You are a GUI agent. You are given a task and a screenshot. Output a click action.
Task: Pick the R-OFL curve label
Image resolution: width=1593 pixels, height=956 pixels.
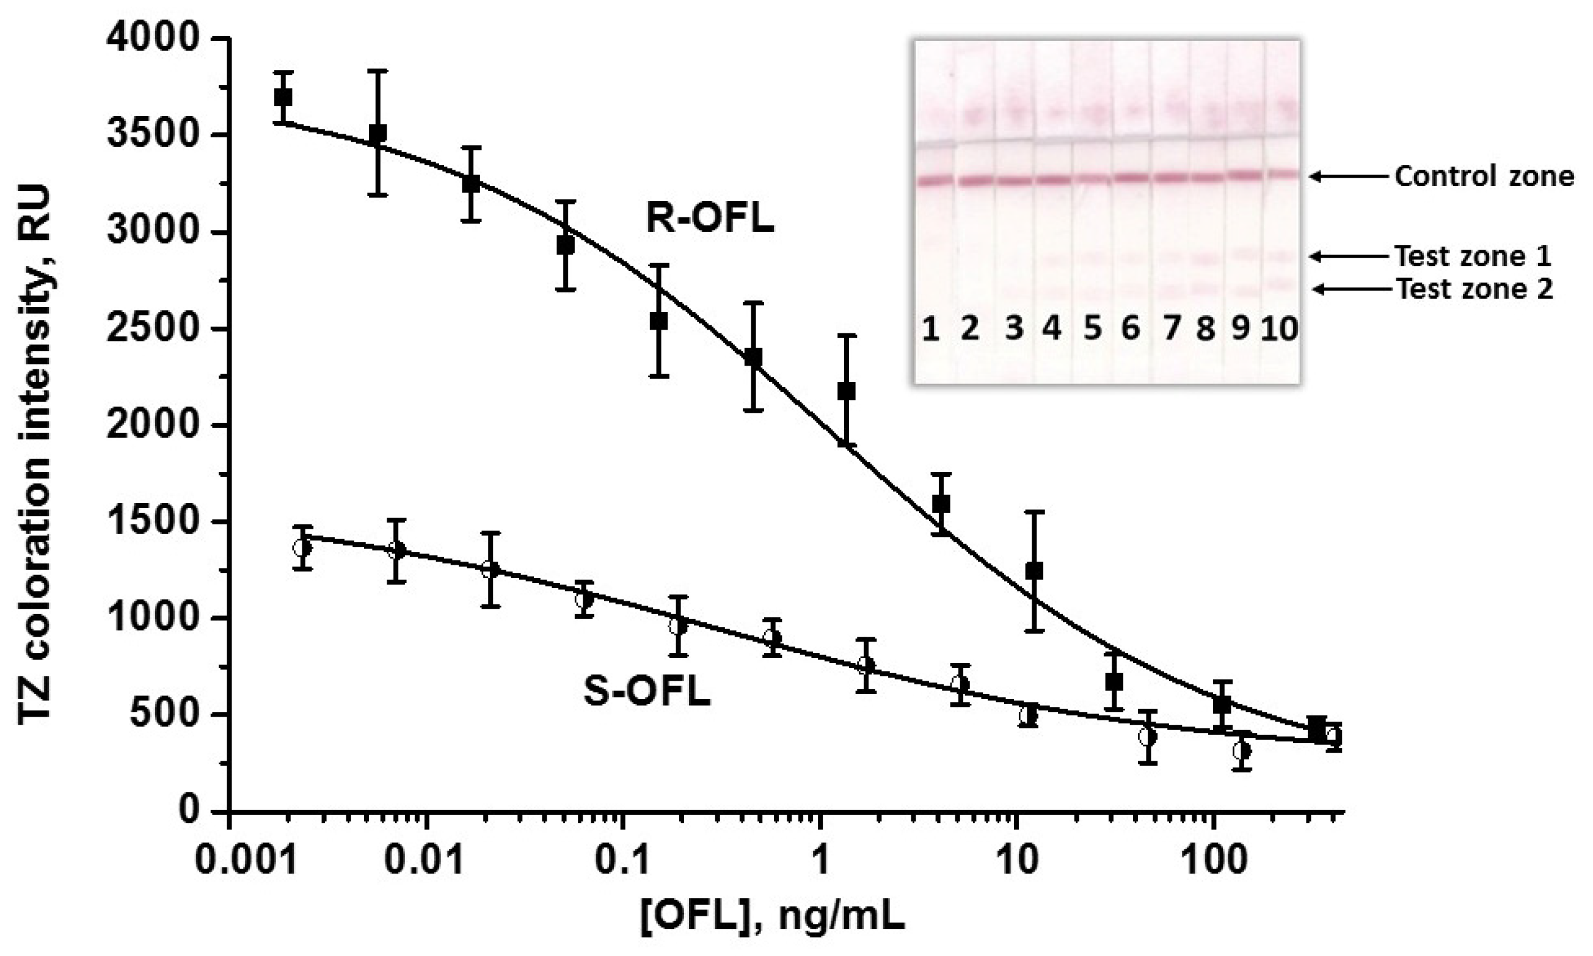pos(710,220)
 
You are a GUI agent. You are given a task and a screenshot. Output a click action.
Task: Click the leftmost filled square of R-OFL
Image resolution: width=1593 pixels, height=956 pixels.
pos(283,98)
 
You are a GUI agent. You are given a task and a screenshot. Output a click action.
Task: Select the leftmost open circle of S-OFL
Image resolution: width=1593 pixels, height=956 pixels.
pos(302,548)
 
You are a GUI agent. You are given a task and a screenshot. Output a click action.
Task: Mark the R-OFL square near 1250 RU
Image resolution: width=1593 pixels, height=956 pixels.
pos(1034,571)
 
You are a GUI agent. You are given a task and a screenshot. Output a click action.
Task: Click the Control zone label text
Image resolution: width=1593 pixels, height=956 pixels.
pos(1484,176)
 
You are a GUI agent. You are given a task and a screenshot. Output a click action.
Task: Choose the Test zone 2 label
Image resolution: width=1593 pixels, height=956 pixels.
pos(1475,289)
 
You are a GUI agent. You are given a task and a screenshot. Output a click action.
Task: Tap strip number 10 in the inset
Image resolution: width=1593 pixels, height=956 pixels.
pos(1279,329)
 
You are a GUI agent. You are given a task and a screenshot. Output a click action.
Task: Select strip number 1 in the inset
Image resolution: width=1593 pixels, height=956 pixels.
pos(929,329)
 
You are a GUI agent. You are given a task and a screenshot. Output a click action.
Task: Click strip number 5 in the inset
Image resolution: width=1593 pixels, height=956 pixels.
pos(1092,329)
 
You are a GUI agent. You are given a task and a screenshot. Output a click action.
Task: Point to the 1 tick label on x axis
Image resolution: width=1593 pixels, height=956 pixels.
pos(820,861)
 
